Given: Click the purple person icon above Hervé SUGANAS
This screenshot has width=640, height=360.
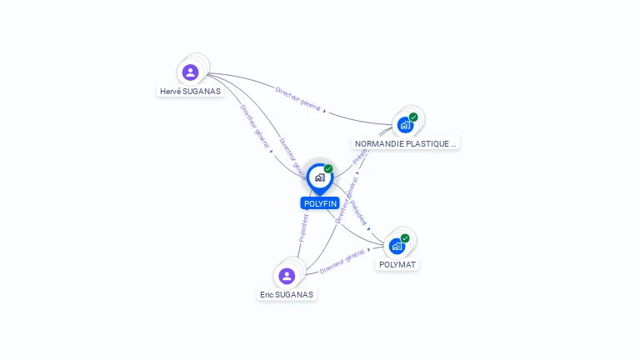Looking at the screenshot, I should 191,72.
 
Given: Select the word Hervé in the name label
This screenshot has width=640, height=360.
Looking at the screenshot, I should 172,91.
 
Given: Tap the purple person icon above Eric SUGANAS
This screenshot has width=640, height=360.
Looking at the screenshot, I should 287,276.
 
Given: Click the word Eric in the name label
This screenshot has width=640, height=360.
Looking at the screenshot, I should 267,294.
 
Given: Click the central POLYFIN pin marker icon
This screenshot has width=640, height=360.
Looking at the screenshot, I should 319,177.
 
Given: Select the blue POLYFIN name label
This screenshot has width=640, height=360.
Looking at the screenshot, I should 320,203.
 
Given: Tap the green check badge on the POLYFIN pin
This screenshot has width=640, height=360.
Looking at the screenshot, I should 328,169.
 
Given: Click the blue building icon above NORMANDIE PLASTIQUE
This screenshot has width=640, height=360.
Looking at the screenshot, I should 405,125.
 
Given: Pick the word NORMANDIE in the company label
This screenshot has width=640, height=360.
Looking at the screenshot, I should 379,143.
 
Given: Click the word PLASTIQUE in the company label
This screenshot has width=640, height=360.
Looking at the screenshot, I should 429,143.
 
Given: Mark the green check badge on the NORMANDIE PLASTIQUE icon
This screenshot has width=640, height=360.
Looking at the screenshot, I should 413,117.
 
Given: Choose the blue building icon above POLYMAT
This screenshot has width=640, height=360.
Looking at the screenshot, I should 397,246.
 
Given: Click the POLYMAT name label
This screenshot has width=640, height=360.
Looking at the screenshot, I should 397,264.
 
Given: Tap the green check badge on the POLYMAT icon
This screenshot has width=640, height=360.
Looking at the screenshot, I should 405,238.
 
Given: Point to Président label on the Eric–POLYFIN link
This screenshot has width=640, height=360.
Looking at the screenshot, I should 303,228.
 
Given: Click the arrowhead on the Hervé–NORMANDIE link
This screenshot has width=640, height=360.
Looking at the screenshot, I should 325,110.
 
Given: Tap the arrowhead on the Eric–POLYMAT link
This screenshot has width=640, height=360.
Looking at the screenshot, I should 368,250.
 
